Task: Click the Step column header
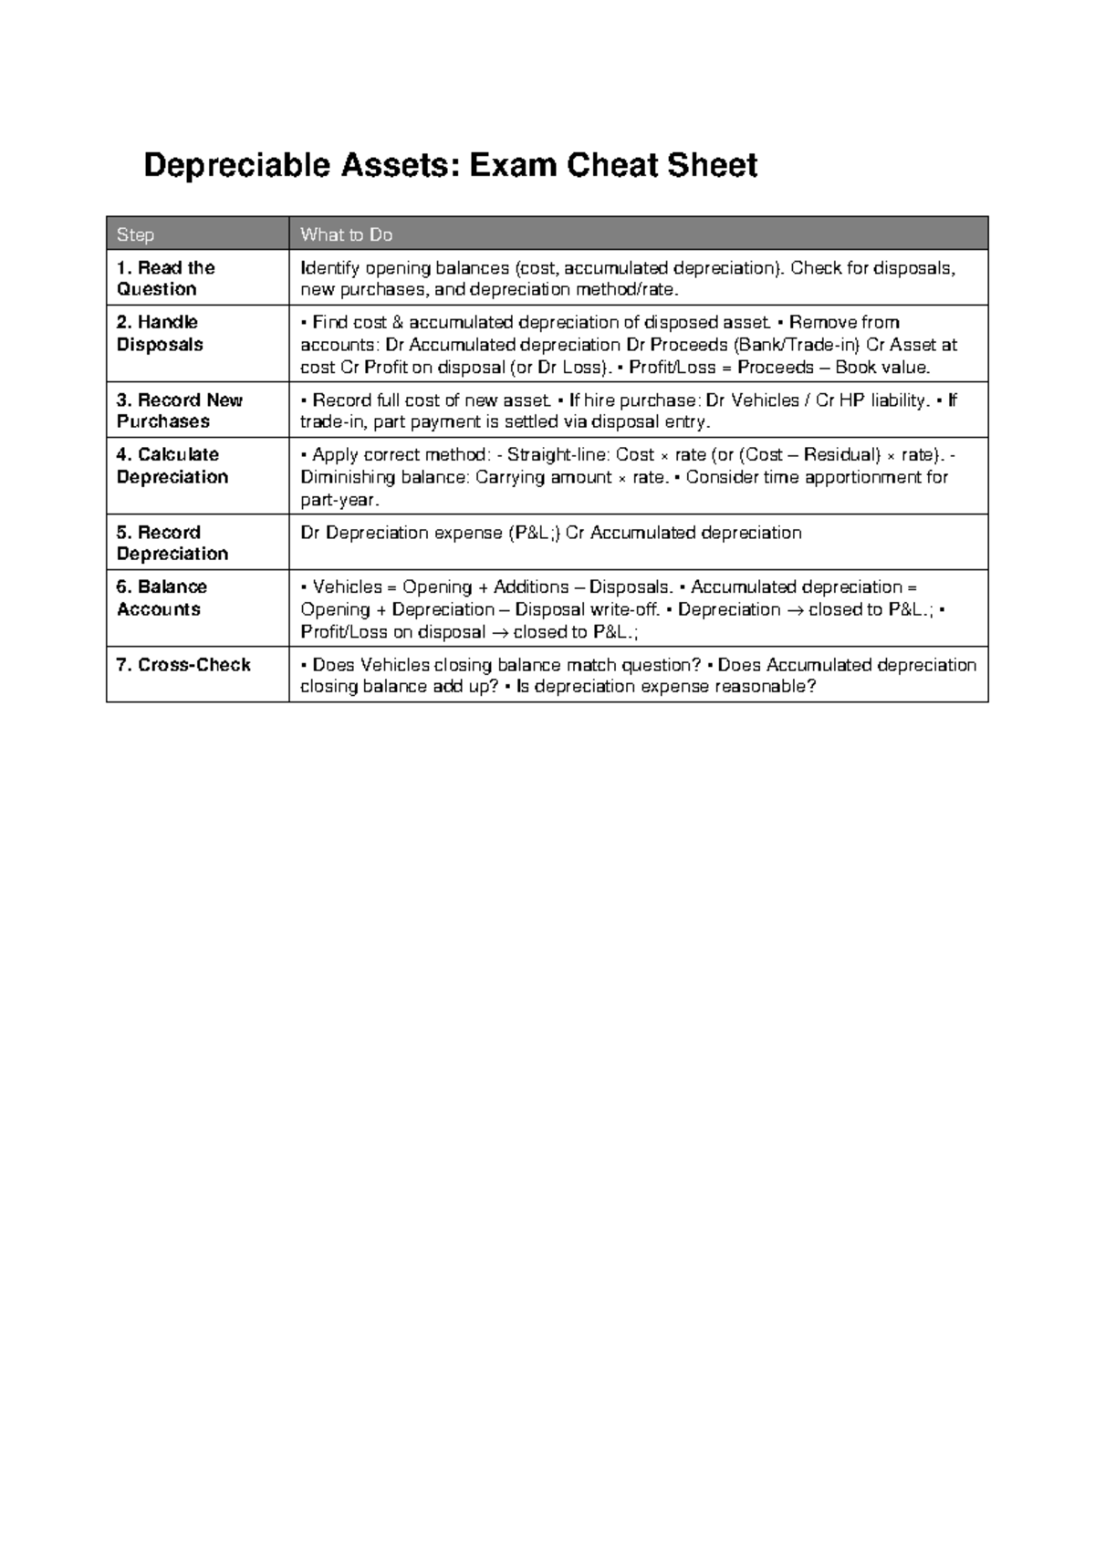click(x=135, y=234)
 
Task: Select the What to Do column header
click(x=346, y=234)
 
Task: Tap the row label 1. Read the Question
click(x=165, y=278)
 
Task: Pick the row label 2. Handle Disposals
click(x=160, y=333)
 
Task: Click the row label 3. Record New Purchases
click(x=179, y=410)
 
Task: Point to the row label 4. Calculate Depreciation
click(x=172, y=465)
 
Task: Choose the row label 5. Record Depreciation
click(x=172, y=543)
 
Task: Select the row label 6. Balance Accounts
click(x=162, y=597)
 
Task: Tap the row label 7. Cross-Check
click(x=183, y=664)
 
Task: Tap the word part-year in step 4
click(x=338, y=501)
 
